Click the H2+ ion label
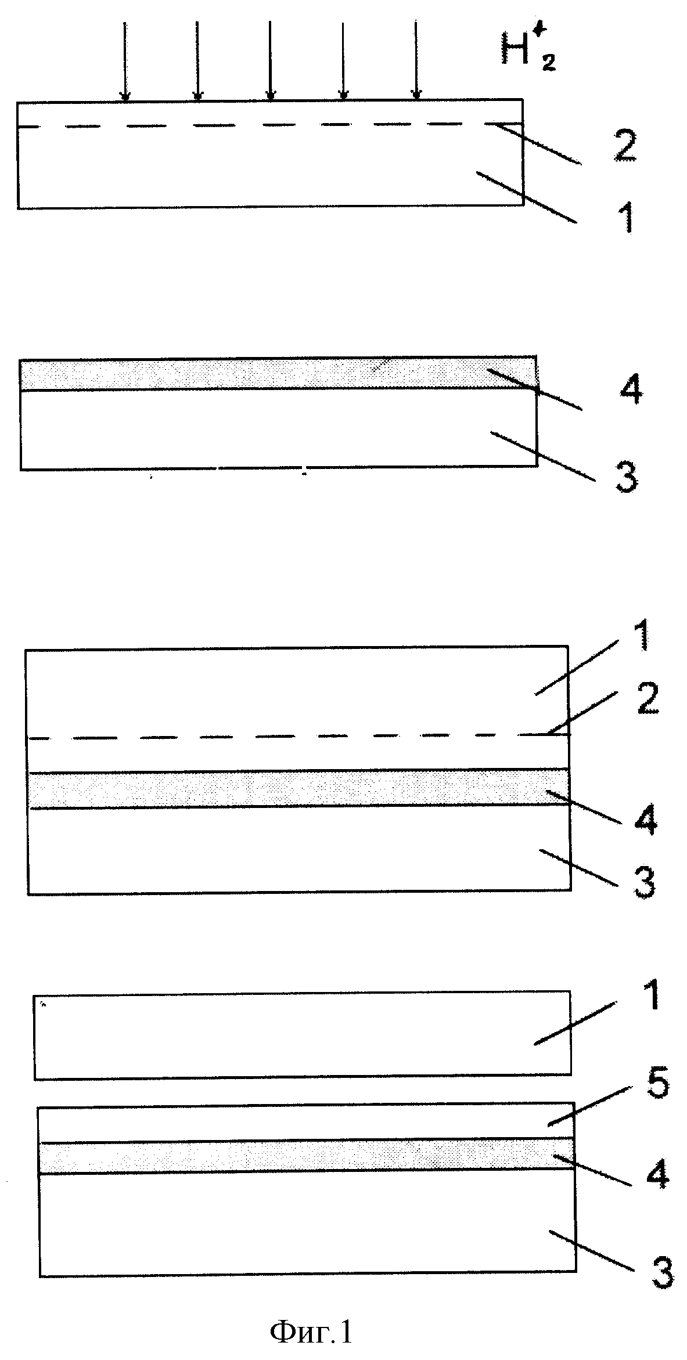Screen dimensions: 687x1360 527,47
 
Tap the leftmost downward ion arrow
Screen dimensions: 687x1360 124,61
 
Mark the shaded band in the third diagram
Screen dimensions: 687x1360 298,788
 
